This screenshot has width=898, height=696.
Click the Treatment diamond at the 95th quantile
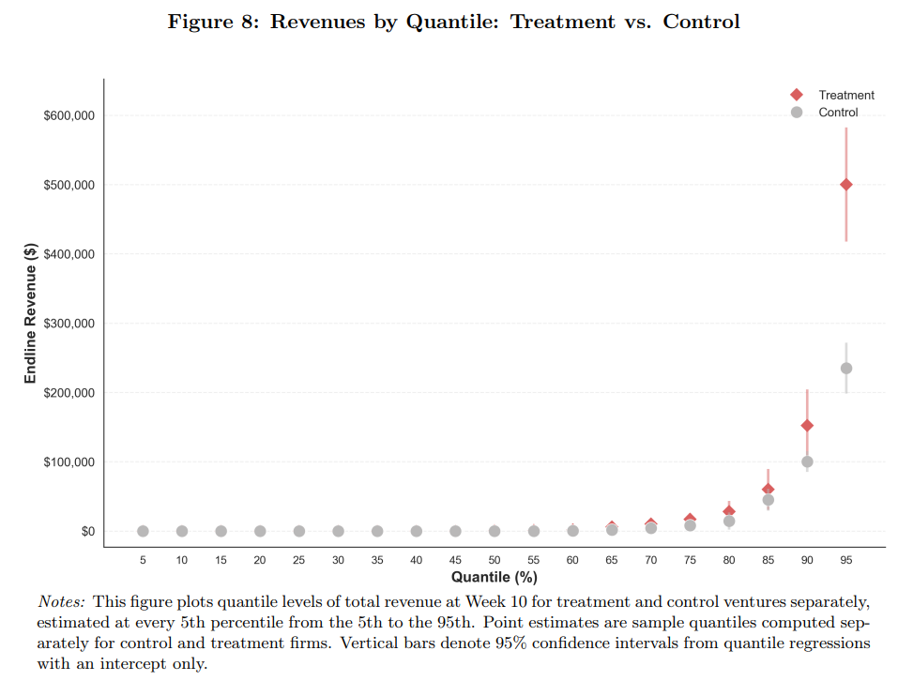[845, 185]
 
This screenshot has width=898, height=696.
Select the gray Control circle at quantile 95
[845, 369]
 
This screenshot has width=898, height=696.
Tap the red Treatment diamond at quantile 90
[807, 426]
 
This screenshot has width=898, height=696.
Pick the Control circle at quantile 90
[807, 461]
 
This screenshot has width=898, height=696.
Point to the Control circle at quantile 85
[768, 500]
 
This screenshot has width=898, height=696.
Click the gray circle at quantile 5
[143, 531]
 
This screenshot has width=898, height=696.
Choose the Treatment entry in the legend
[845, 95]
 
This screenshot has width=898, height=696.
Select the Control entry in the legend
[838, 113]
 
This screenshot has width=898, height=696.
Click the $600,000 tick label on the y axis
[69, 115]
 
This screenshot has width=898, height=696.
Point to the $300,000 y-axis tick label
[69, 324]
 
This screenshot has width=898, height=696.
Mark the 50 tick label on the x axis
[495, 560]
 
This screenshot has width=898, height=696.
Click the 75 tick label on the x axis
[690, 560]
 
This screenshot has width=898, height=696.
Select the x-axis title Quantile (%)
[494, 577]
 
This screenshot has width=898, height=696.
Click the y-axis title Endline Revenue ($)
[31, 313]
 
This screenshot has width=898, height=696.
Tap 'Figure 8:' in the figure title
[214, 22]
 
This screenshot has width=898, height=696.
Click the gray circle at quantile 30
[338, 531]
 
